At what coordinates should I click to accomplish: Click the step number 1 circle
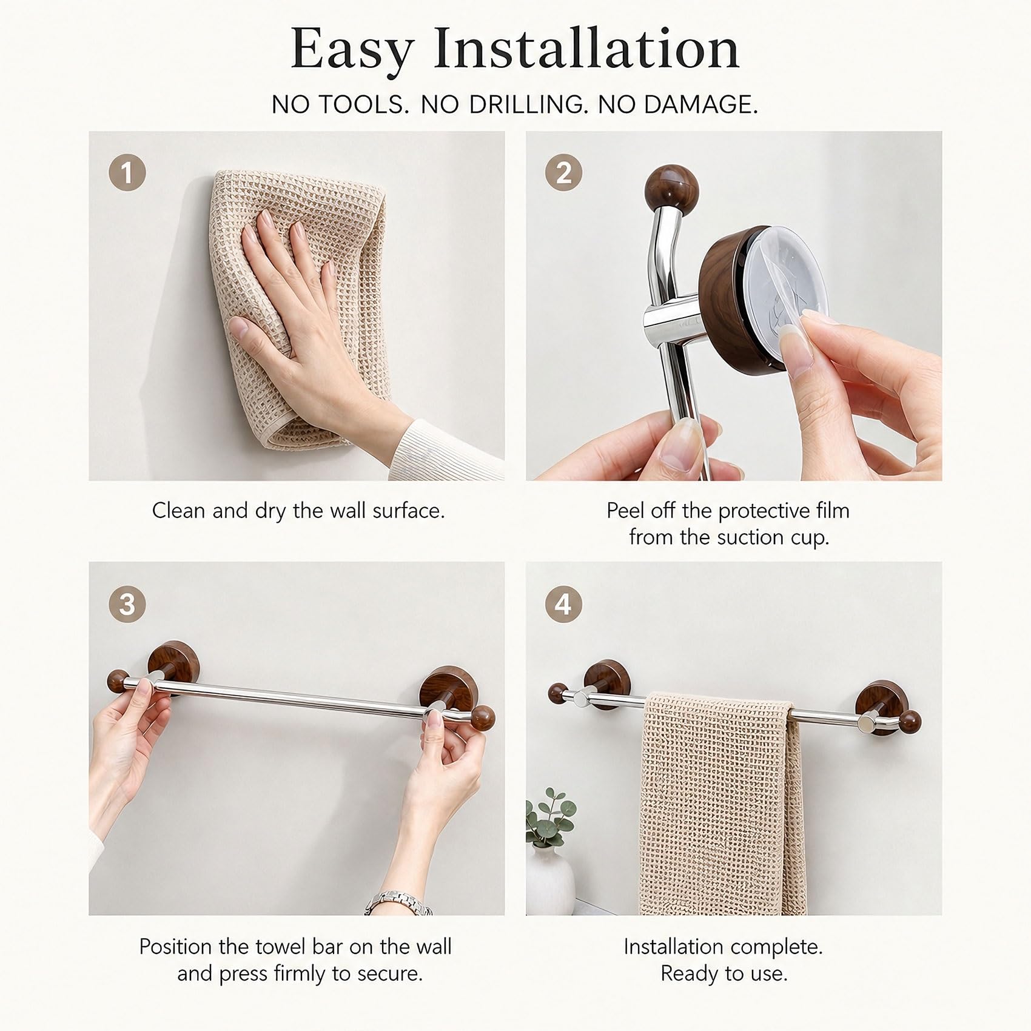127,173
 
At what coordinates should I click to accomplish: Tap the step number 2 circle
564,173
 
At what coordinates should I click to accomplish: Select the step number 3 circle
127,605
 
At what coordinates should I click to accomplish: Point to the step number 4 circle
564,605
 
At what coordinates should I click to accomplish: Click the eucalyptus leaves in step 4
548,816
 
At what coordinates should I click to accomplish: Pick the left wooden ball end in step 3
118,679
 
